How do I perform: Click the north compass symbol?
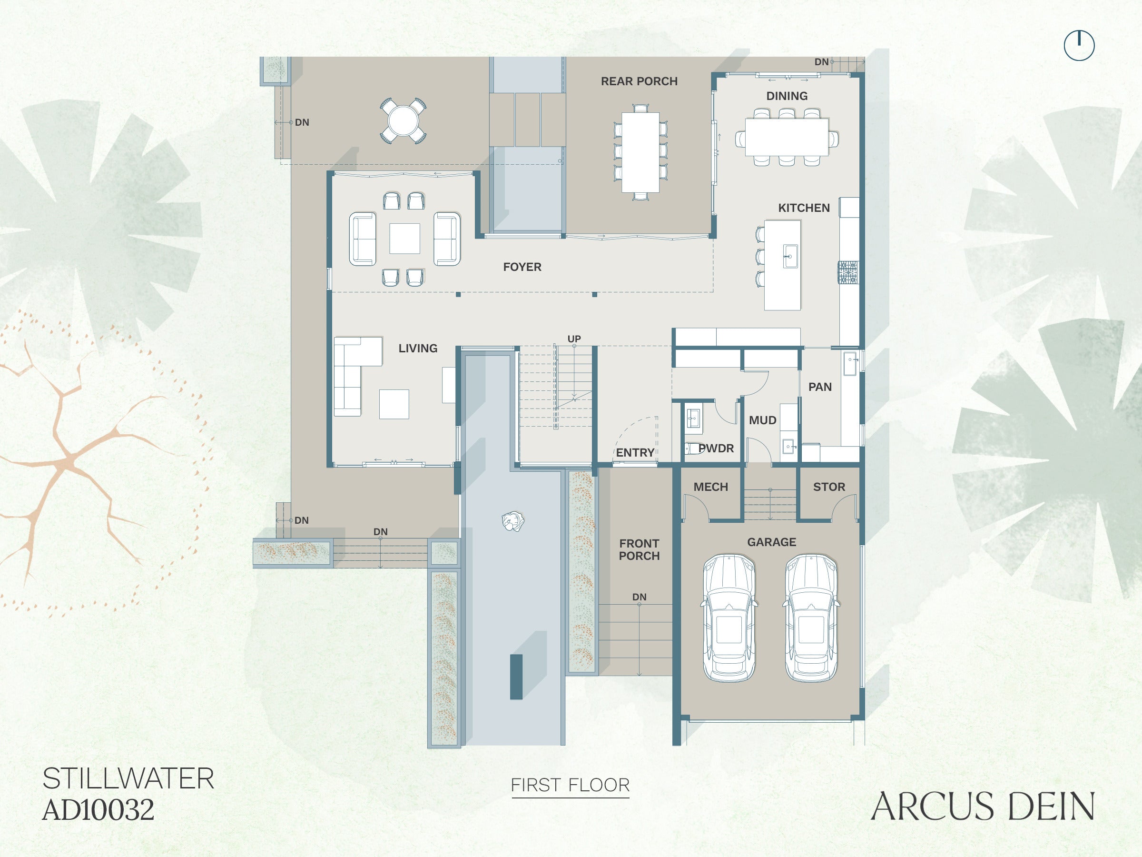(x=1079, y=45)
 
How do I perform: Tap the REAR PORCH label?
(x=639, y=81)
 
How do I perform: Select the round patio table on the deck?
(x=403, y=120)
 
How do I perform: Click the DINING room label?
(x=787, y=96)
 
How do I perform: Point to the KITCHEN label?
(x=804, y=208)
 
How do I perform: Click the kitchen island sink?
(x=790, y=256)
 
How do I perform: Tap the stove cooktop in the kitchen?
(x=848, y=272)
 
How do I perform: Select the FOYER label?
(x=522, y=267)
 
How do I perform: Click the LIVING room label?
(x=418, y=348)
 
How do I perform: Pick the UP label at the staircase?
(x=574, y=339)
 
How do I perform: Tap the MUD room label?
(x=763, y=420)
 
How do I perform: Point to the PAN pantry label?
(x=820, y=387)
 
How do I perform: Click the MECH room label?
(x=710, y=487)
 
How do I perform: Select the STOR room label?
(x=829, y=487)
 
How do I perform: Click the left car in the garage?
(x=729, y=618)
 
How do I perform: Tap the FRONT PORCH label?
(x=639, y=549)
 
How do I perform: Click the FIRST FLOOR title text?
(x=570, y=785)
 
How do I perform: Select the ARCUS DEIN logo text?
(x=983, y=807)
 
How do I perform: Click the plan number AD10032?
(x=98, y=810)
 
